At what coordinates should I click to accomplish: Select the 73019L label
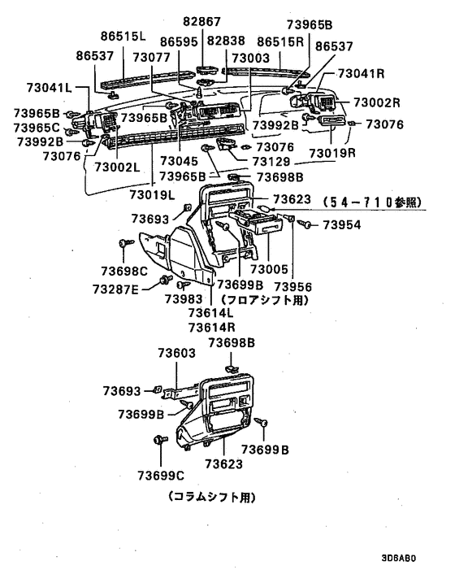[152, 194]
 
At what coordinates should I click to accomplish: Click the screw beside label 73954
[309, 224]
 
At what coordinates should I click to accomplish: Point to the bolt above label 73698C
[123, 243]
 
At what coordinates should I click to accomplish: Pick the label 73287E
[115, 289]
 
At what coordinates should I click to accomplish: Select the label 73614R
[209, 327]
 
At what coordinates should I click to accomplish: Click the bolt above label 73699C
[157, 440]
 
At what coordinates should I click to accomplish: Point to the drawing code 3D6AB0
[397, 559]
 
